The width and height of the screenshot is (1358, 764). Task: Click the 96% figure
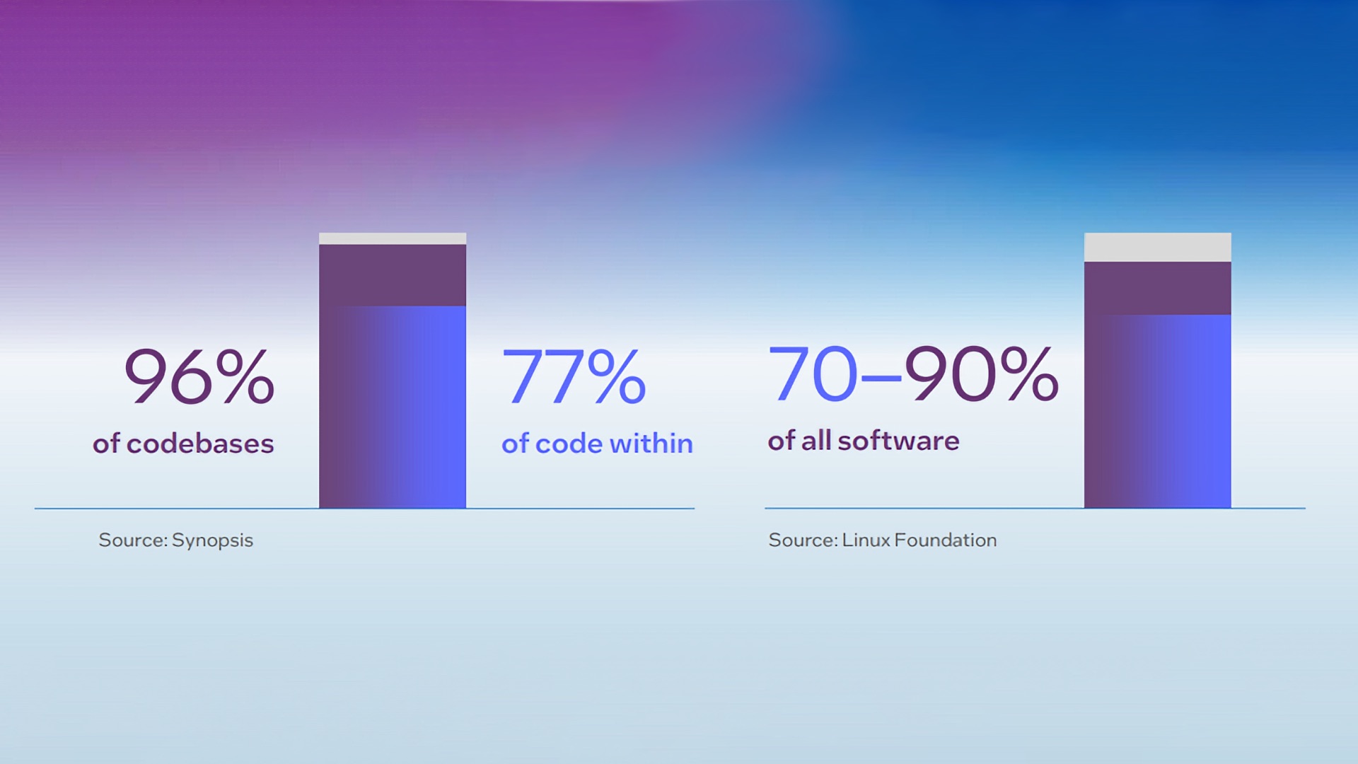(x=199, y=376)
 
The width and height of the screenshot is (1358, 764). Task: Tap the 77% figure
(x=574, y=376)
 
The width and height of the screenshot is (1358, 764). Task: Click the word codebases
(x=200, y=444)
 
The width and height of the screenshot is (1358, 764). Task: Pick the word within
(x=651, y=444)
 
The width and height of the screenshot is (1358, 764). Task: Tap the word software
(x=898, y=441)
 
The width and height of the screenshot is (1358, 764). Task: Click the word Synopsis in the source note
(x=212, y=541)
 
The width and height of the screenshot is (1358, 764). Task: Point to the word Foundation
(x=946, y=540)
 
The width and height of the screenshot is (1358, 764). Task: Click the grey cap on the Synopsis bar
(x=393, y=239)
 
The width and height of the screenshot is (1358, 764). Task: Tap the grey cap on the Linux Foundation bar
(x=1158, y=248)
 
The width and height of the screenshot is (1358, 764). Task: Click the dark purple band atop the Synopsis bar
(x=393, y=275)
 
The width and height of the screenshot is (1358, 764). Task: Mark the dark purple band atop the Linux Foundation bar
(x=1158, y=289)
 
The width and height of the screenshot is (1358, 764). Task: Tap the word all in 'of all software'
(x=816, y=441)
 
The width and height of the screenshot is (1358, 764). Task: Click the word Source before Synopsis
(x=132, y=540)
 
